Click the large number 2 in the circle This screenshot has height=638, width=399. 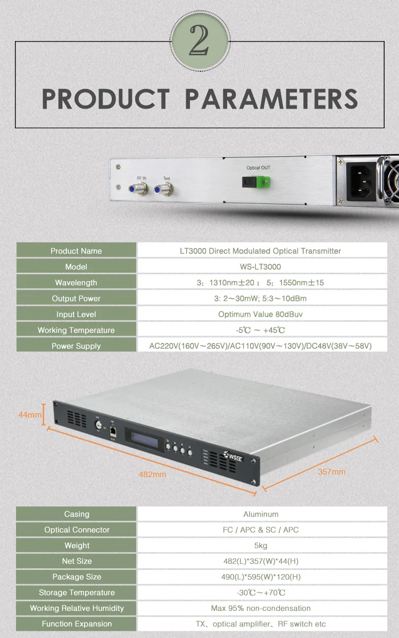click(199, 40)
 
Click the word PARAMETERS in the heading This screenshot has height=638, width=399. click(271, 99)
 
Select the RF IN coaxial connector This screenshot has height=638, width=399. click(138, 189)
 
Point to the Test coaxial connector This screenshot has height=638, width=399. click(164, 189)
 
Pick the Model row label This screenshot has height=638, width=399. click(76, 267)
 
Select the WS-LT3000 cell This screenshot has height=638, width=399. click(261, 267)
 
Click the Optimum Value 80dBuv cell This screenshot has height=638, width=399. click(261, 315)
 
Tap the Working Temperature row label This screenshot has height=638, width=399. click(76, 330)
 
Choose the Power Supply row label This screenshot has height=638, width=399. click(76, 346)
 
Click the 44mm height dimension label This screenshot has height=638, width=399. click(30, 415)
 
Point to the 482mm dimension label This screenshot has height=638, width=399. click(152, 475)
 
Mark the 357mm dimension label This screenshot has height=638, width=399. click(331, 472)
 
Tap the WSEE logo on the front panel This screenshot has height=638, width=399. click(234, 456)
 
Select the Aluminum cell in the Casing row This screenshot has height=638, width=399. click(261, 514)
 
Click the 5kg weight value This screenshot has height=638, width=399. click(261, 546)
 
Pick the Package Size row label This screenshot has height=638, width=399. click(77, 577)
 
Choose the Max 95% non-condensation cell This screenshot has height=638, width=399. click(261, 608)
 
